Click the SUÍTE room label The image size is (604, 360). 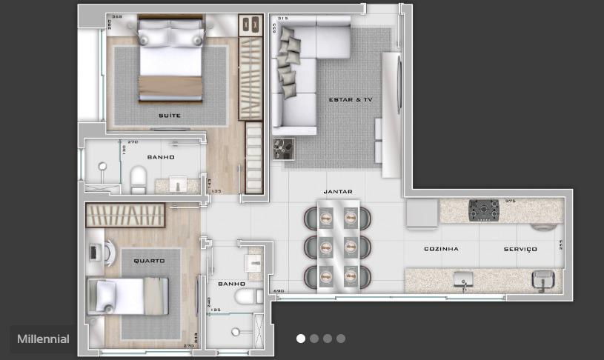169,116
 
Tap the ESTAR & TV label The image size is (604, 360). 351,99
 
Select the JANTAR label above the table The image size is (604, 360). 338,191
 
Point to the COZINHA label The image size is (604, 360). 441,250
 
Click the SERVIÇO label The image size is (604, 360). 520,250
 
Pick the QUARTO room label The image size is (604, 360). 148,261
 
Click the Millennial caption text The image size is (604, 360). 43,339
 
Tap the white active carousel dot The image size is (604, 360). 301,339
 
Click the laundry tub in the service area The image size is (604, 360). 542,279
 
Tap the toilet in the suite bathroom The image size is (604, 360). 139,179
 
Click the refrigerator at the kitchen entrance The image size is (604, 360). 422,215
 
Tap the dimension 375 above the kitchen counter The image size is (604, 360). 509,201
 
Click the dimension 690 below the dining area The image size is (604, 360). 279,292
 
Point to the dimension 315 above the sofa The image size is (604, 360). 281,19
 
